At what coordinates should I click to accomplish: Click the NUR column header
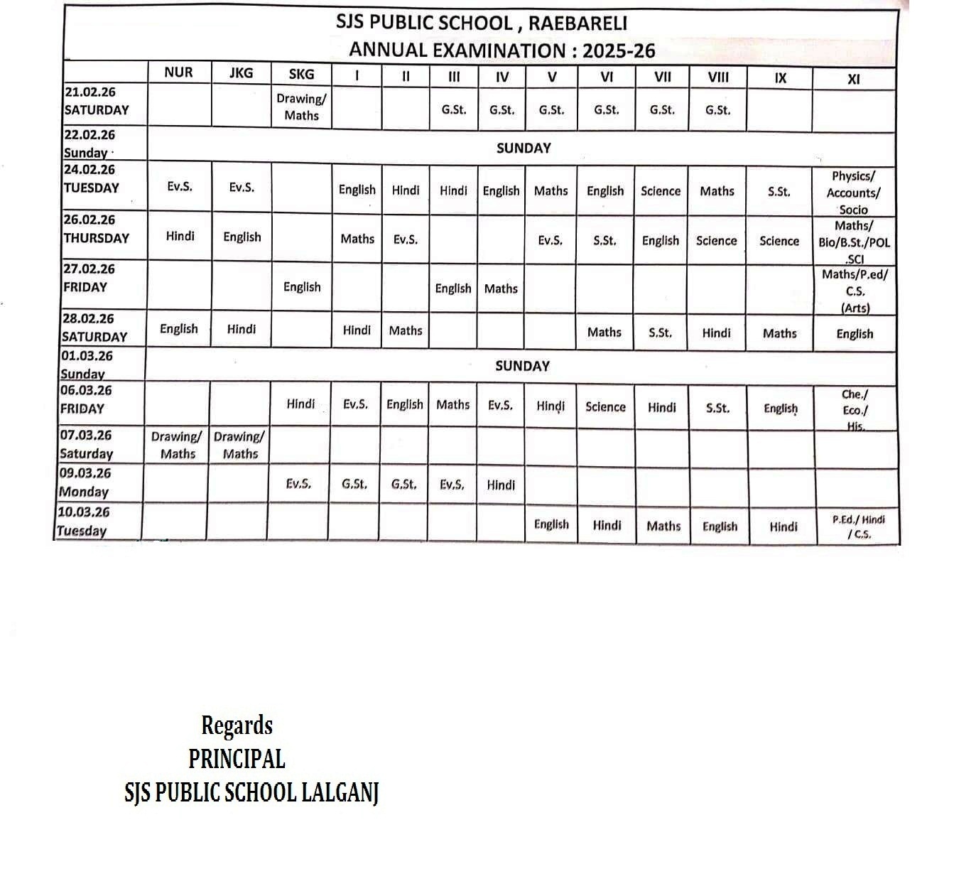click(178, 72)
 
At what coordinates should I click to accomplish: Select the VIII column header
click(718, 77)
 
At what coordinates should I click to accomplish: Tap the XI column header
click(854, 79)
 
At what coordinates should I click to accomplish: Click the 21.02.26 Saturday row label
click(97, 101)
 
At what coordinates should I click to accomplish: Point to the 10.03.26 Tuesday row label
click(82, 522)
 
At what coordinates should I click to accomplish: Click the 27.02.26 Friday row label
click(86, 279)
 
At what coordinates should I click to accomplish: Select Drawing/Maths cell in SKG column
click(301, 107)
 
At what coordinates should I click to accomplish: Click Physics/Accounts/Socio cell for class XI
click(853, 193)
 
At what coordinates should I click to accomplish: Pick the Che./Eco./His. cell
click(855, 410)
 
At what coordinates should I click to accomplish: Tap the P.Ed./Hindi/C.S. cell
click(859, 527)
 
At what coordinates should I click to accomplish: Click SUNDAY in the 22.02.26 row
click(524, 148)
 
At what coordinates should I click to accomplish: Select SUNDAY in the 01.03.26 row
click(522, 366)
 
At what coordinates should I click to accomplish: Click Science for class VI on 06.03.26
click(605, 407)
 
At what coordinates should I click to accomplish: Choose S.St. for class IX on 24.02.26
click(779, 192)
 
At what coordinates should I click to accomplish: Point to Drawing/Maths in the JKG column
click(239, 445)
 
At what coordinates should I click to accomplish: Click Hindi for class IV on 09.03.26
click(501, 485)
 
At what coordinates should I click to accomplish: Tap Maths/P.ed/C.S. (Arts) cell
click(855, 291)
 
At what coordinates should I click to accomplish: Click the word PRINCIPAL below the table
click(237, 759)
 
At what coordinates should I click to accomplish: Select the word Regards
click(237, 725)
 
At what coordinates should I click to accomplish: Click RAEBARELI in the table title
click(578, 23)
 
